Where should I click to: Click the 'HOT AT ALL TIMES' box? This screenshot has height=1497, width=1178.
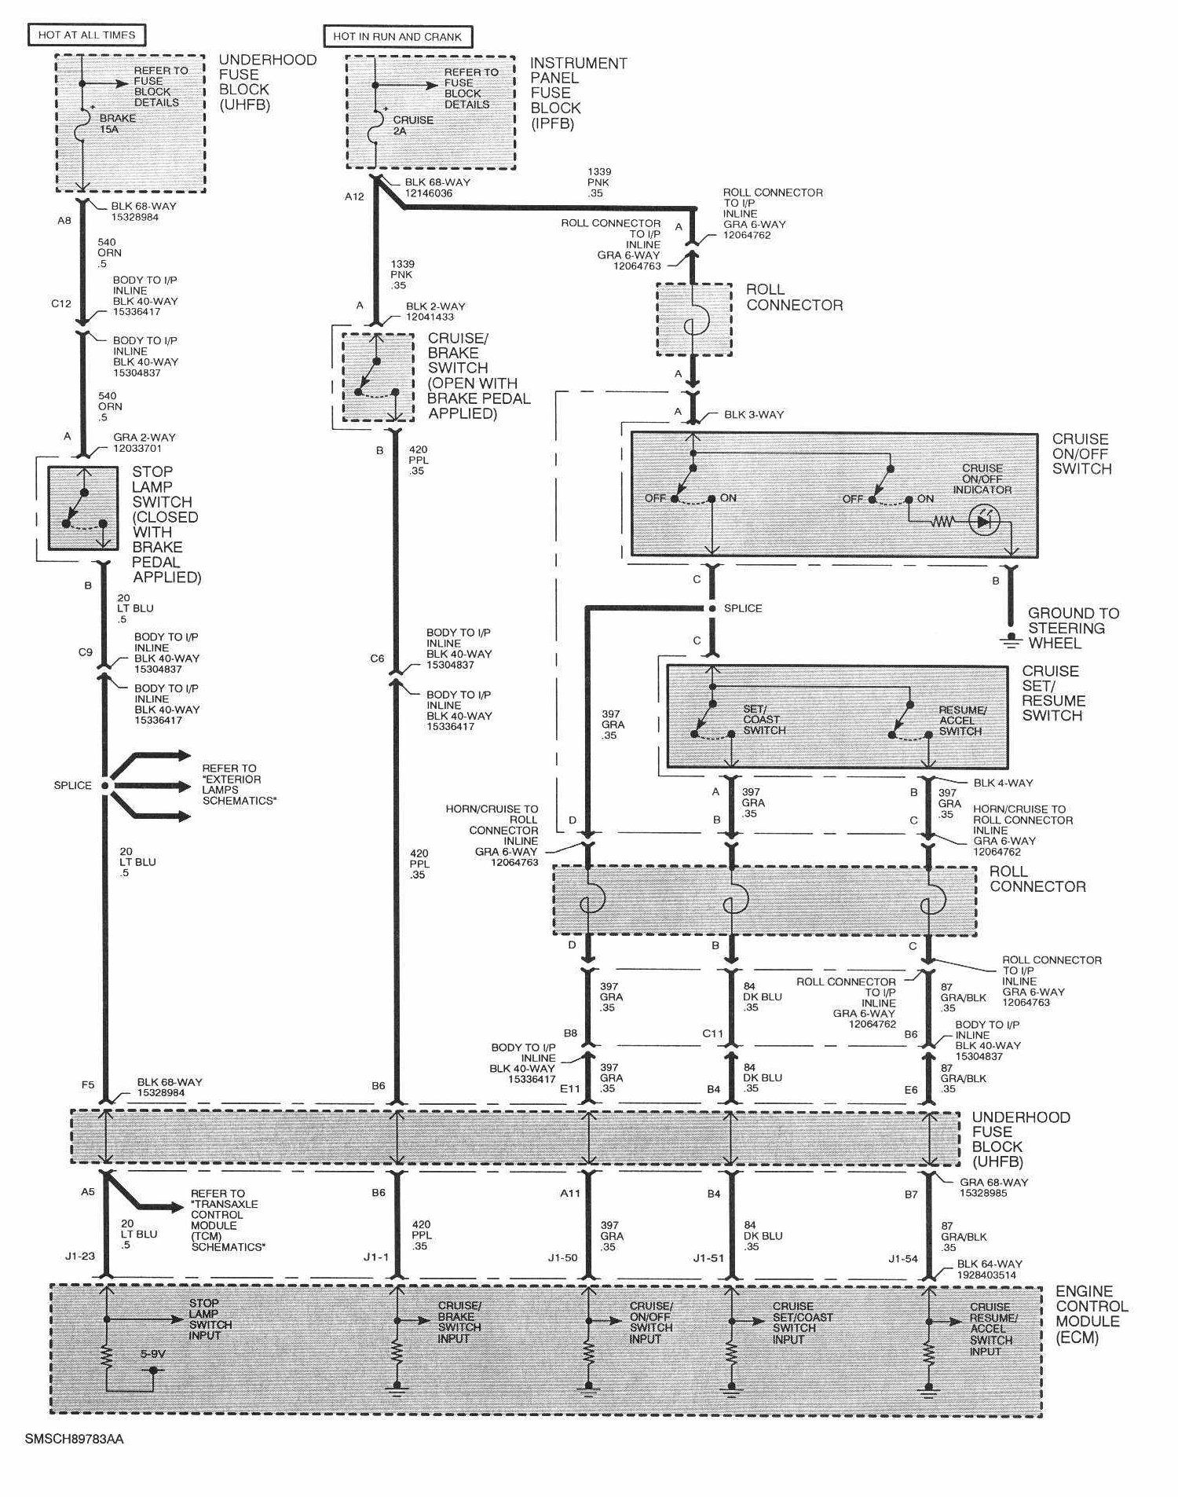86,35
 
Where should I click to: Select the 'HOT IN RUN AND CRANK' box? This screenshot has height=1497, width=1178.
397,36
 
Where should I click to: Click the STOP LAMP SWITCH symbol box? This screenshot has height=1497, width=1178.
82,508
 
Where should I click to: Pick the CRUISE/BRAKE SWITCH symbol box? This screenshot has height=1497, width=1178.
378,377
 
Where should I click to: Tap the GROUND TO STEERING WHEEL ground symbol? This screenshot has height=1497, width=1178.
1010,641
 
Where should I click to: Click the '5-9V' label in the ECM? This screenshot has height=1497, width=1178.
152,1354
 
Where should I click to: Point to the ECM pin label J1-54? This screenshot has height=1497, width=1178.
903,1258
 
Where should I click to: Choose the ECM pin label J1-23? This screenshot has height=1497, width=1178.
80,1256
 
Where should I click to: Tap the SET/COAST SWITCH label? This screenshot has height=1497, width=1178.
763,719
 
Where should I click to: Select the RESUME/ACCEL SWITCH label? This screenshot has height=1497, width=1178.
961,720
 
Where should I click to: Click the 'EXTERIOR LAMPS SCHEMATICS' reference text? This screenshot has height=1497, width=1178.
239,784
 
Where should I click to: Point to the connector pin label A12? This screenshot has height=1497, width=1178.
354,196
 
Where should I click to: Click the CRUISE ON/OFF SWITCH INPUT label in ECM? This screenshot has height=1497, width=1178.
650,1322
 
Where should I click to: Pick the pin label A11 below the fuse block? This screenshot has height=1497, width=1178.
569,1193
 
